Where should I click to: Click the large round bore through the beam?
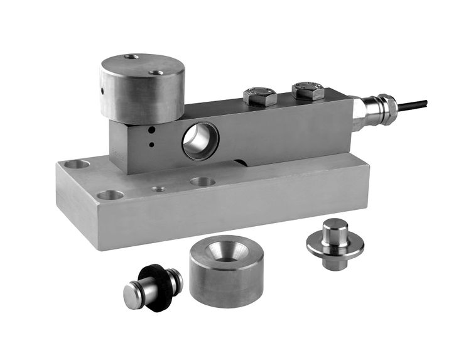[x=200, y=141]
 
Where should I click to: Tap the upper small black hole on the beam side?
[x=151, y=131]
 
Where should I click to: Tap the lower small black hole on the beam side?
[x=151, y=145]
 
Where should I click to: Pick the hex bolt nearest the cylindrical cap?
[x=259, y=96]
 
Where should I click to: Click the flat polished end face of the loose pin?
[x=133, y=296]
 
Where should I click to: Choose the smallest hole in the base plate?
[x=159, y=188]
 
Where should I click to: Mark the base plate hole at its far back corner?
[x=78, y=165]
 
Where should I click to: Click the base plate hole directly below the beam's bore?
[x=202, y=182]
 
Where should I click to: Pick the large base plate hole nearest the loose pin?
[x=111, y=195]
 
